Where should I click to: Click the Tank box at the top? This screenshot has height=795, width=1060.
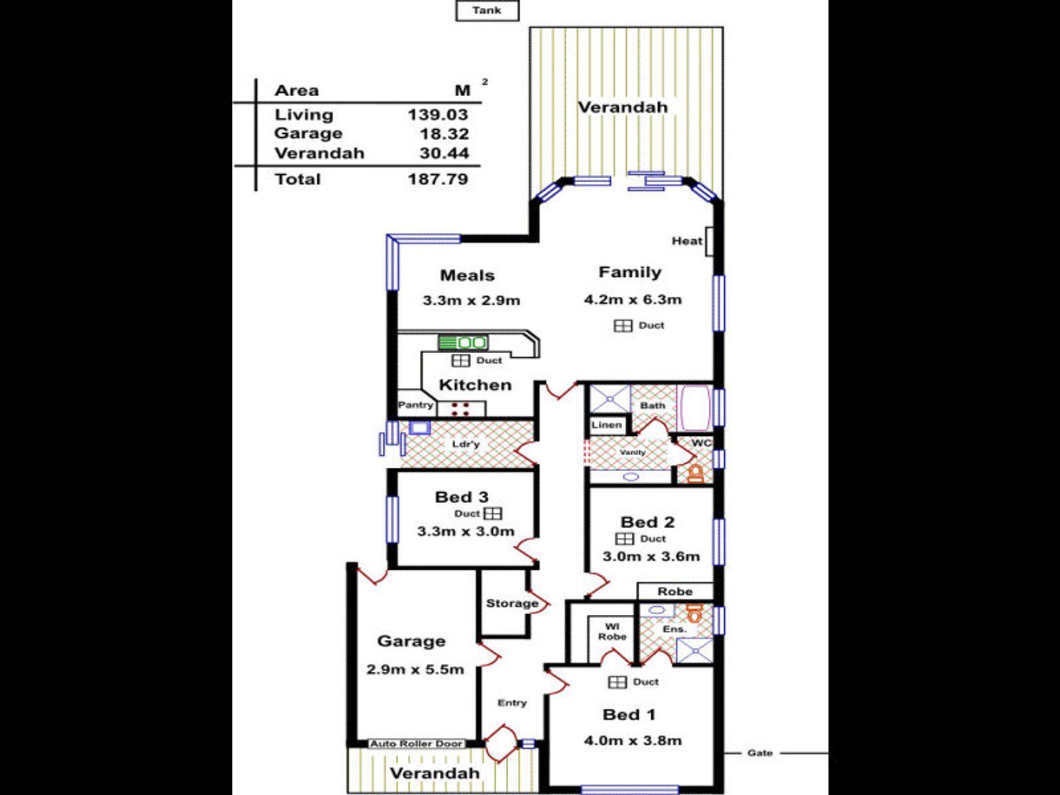[487, 11]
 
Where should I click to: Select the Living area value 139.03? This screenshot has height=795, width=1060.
[438, 115]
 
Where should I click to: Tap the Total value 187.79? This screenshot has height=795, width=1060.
[438, 180]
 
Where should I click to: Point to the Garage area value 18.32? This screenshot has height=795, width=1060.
[445, 134]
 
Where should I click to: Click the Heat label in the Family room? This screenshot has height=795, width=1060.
[687, 241]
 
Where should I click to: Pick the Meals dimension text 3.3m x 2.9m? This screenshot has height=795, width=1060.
[471, 301]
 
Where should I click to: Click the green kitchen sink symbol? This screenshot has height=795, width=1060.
[463, 343]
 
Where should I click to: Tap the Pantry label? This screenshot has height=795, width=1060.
[415, 405]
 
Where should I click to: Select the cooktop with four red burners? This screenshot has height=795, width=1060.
[460, 409]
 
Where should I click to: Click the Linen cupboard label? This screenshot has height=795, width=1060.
[607, 425]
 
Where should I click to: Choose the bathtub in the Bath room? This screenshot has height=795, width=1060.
[694, 408]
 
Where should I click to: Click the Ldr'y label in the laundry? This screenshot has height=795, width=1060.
[466, 444]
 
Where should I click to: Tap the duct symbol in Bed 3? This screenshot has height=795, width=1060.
[493, 513]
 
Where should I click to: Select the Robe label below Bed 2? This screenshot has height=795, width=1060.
[675, 592]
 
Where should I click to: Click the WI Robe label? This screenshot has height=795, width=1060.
[612, 632]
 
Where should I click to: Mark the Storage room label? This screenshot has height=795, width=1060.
[512, 604]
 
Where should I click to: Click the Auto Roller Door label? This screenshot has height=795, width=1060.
[416, 744]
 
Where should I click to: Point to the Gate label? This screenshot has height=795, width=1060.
[760, 753]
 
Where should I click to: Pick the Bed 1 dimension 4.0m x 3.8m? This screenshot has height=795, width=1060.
[633, 741]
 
